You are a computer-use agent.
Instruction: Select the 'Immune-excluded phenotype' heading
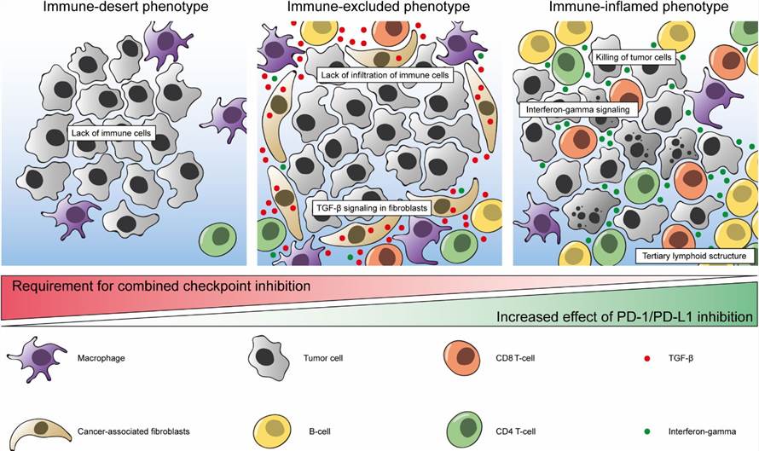(x=379, y=8)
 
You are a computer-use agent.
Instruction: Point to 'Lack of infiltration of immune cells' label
(x=385, y=75)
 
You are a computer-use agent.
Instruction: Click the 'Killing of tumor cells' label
(x=634, y=57)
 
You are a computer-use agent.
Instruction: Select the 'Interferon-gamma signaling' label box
(x=576, y=110)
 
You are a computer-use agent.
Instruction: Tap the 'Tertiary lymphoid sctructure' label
(x=695, y=255)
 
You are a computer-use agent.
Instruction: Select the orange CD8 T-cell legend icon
(x=462, y=356)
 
